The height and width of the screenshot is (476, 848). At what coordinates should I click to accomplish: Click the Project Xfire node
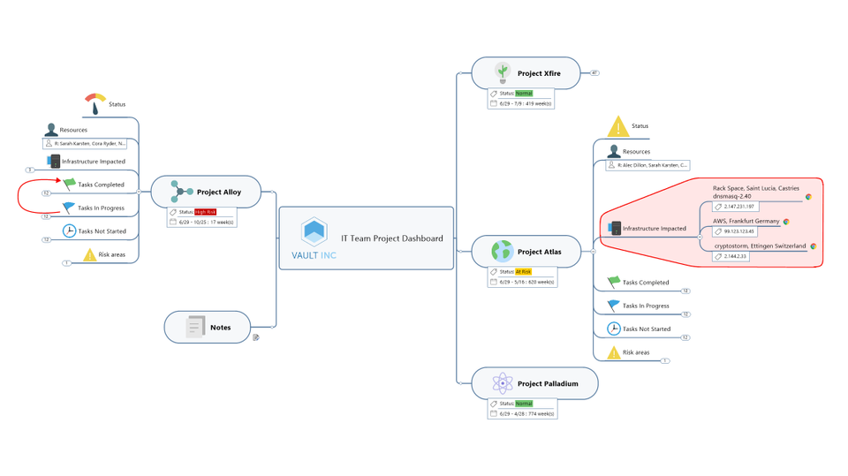(538, 73)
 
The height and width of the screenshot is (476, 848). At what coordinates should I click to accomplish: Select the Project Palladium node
(548, 383)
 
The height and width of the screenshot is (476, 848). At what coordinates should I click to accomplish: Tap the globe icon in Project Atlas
(502, 251)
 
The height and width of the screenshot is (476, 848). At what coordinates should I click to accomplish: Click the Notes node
(220, 328)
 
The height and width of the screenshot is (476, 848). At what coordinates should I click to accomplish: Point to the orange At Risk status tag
(524, 271)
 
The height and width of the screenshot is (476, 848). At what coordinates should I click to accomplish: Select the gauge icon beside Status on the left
(95, 103)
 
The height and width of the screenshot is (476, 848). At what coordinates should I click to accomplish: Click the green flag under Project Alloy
(69, 184)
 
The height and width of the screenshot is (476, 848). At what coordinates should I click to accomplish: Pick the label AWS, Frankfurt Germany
(746, 221)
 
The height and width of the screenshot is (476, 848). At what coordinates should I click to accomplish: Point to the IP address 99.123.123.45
(738, 230)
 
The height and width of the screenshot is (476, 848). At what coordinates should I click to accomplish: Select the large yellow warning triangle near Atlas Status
(618, 126)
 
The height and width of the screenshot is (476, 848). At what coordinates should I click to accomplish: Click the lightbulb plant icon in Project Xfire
(502, 72)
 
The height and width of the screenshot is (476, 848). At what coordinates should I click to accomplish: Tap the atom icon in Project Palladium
(502, 383)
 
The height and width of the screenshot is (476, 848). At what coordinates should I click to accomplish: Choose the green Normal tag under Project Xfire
(524, 93)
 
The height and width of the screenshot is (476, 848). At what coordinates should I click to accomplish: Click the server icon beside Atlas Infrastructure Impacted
(613, 228)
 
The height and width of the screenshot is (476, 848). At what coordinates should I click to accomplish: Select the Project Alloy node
(218, 192)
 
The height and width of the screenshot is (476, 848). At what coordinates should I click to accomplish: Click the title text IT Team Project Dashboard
(392, 238)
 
